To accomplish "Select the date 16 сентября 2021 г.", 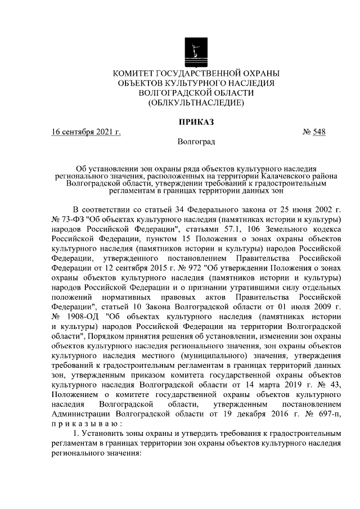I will tap(87, 133).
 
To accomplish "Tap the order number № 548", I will tap(314, 133).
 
